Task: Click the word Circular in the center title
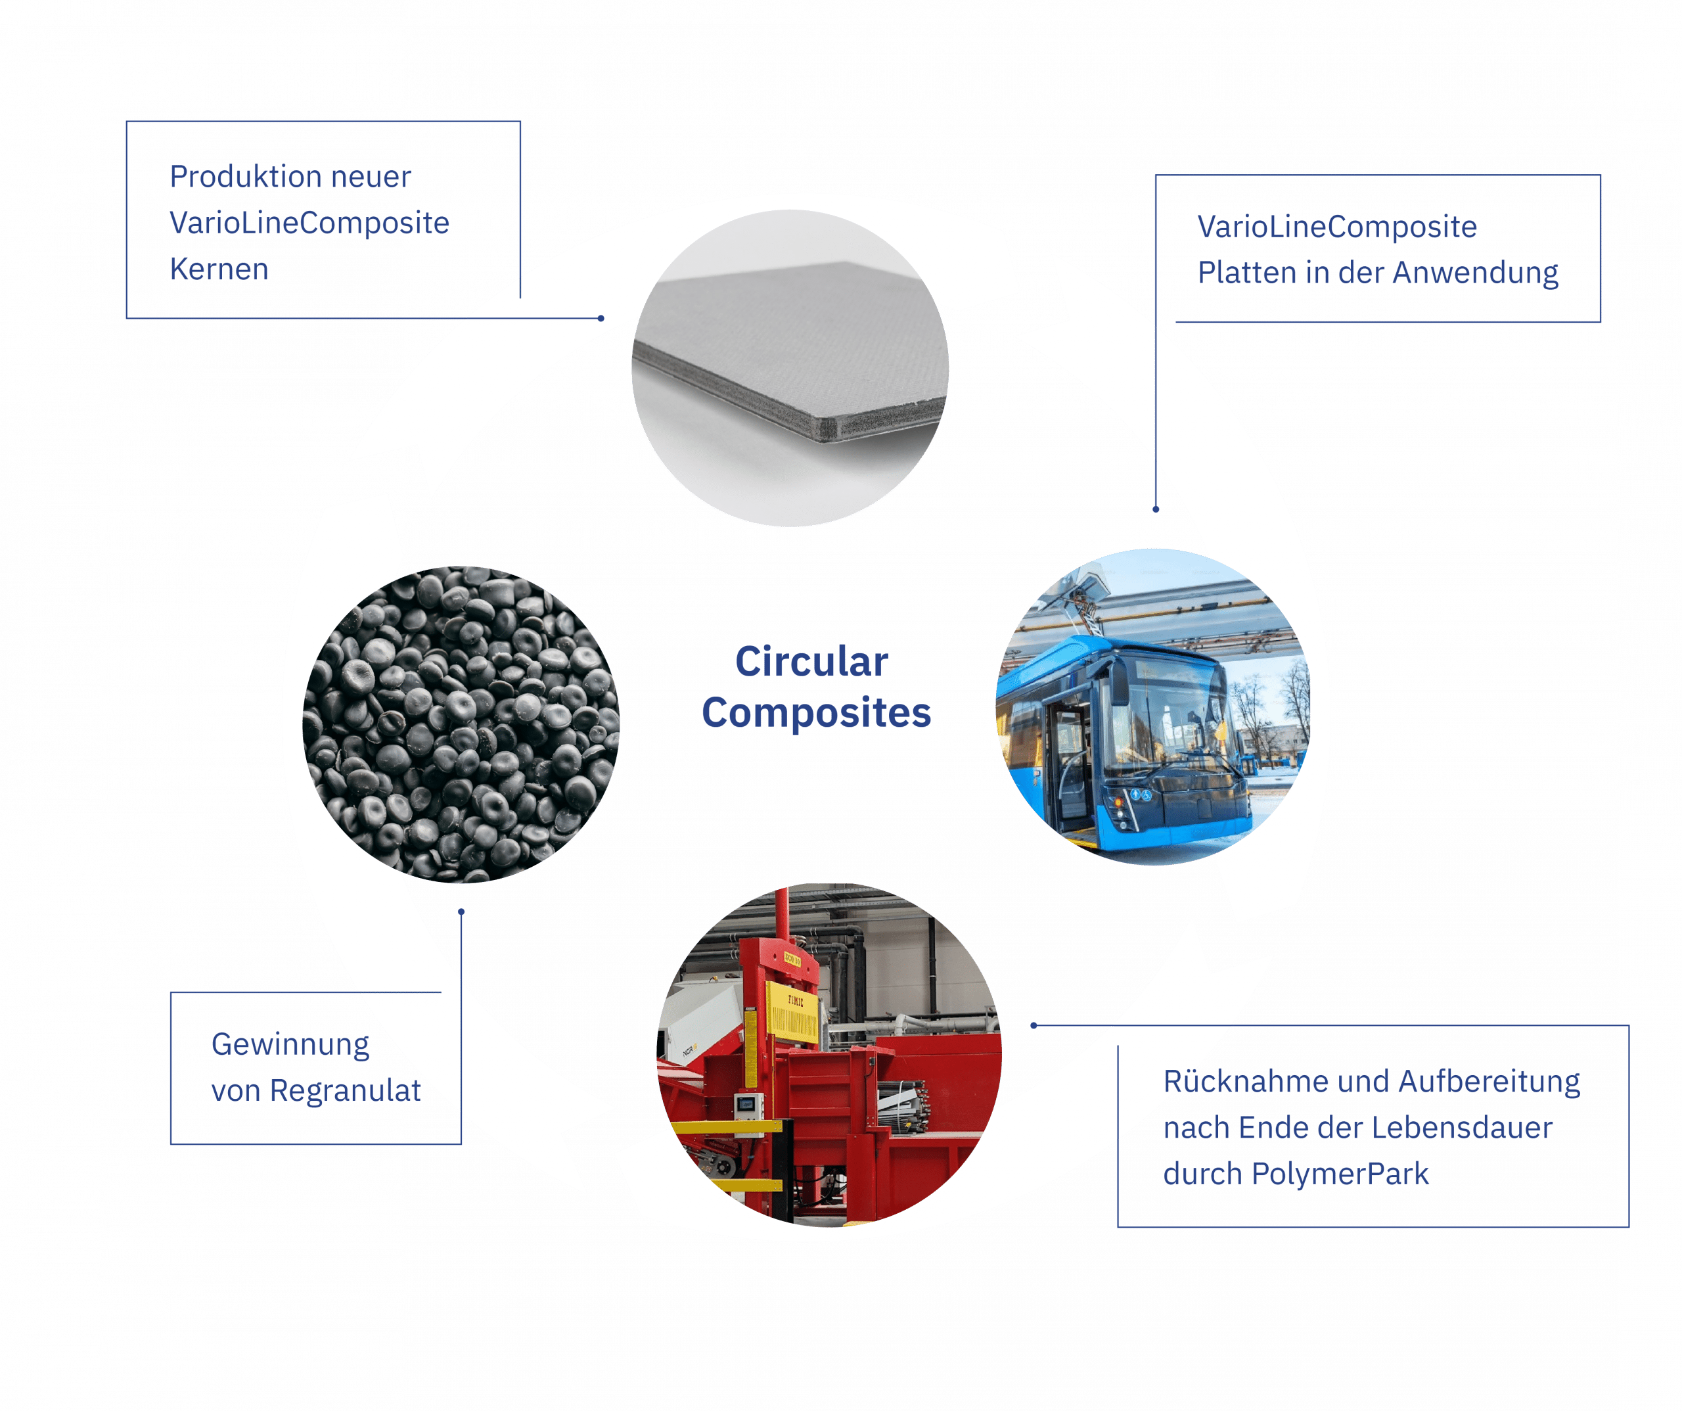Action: click(811, 663)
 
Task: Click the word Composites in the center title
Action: click(816, 712)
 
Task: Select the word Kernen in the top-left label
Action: click(219, 269)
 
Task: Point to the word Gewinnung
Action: click(290, 1045)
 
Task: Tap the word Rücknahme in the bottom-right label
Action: click(1237, 1082)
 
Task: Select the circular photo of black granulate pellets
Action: click(461, 725)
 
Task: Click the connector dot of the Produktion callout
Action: click(601, 318)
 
